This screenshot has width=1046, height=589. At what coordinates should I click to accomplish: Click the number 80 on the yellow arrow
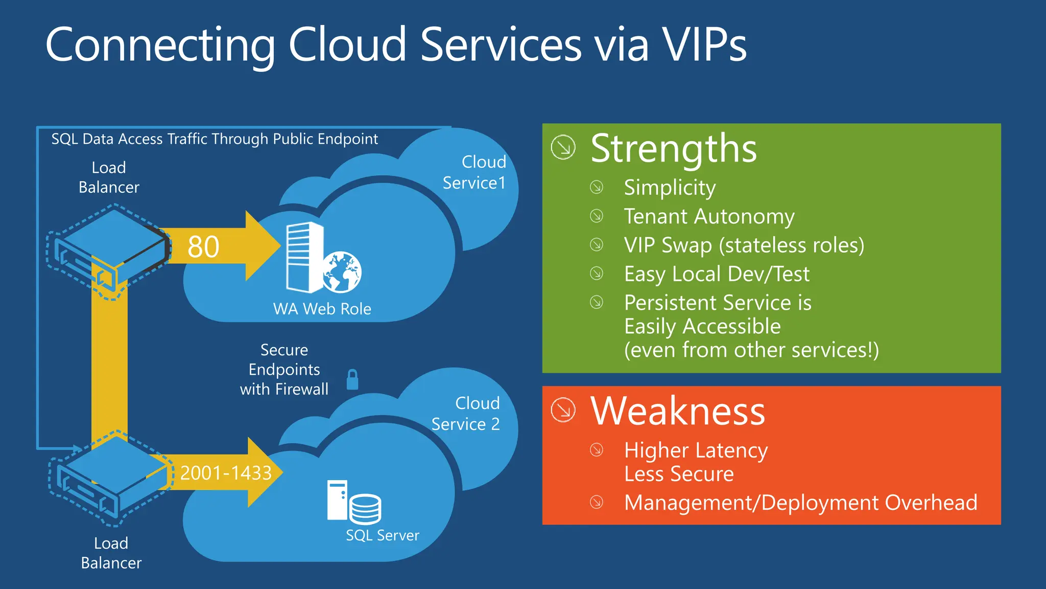(x=203, y=247)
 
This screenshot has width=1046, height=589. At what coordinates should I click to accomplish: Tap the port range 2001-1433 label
(x=226, y=473)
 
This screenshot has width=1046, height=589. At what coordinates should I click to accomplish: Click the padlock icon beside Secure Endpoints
(x=352, y=380)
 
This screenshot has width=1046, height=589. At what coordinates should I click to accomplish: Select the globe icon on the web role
(x=342, y=273)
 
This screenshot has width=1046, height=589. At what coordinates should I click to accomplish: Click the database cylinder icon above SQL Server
(x=366, y=509)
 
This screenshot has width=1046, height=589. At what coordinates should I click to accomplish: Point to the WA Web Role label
(x=322, y=309)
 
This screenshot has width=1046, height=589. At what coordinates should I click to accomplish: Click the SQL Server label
(x=382, y=535)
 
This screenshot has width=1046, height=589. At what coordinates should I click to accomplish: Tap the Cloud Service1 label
(x=475, y=172)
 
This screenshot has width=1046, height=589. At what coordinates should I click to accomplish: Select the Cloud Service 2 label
(x=466, y=414)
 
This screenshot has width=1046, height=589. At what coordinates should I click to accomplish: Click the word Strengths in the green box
(x=673, y=149)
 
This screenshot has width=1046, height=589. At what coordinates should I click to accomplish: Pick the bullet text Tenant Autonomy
(x=709, y=216)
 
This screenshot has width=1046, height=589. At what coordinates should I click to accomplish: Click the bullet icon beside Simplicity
(x=597, y=187)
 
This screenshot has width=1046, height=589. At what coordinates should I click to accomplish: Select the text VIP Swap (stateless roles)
(x=744, y=245)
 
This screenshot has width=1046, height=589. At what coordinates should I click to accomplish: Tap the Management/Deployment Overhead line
(x=800, y=503)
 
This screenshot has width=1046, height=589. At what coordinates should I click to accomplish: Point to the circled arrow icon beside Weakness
(x=563, y=410)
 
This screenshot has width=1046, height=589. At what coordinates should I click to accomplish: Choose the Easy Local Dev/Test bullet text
(x=717, y=274)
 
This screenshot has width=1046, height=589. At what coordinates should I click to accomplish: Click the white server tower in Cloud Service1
(x=304, y=257)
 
